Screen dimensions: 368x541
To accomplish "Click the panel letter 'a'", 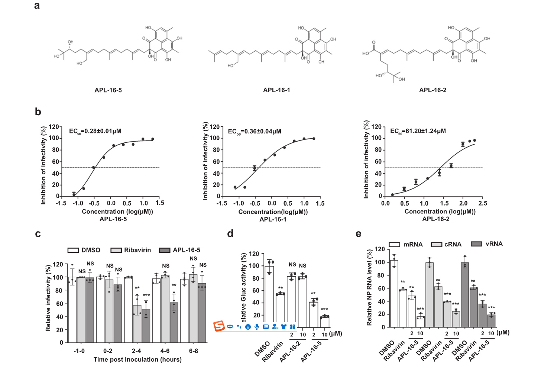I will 37,6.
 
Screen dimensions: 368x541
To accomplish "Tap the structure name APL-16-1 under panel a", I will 276,90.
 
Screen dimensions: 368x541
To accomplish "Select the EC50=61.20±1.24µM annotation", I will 418,131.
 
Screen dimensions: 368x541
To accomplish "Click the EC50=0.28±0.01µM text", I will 95,131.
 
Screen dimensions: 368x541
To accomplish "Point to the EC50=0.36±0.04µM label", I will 255,132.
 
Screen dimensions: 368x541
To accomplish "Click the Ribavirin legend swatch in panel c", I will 116,250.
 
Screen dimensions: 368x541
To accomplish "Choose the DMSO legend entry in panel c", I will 84,250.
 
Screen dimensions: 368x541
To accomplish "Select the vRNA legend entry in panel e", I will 487,244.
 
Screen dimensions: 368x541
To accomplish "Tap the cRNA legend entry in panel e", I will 446,244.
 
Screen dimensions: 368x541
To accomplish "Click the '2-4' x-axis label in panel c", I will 136,351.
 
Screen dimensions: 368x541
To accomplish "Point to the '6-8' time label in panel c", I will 194,351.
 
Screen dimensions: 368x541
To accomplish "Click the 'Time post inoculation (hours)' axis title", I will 137,359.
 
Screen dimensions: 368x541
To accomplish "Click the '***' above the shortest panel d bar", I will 324,309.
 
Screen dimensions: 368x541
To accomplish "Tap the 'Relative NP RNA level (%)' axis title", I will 369,288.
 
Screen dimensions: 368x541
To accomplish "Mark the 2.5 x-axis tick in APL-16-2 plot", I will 483,203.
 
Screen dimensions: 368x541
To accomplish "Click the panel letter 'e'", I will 358,234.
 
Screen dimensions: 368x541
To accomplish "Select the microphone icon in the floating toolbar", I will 257,327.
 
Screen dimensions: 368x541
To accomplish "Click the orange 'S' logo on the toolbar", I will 219,326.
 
